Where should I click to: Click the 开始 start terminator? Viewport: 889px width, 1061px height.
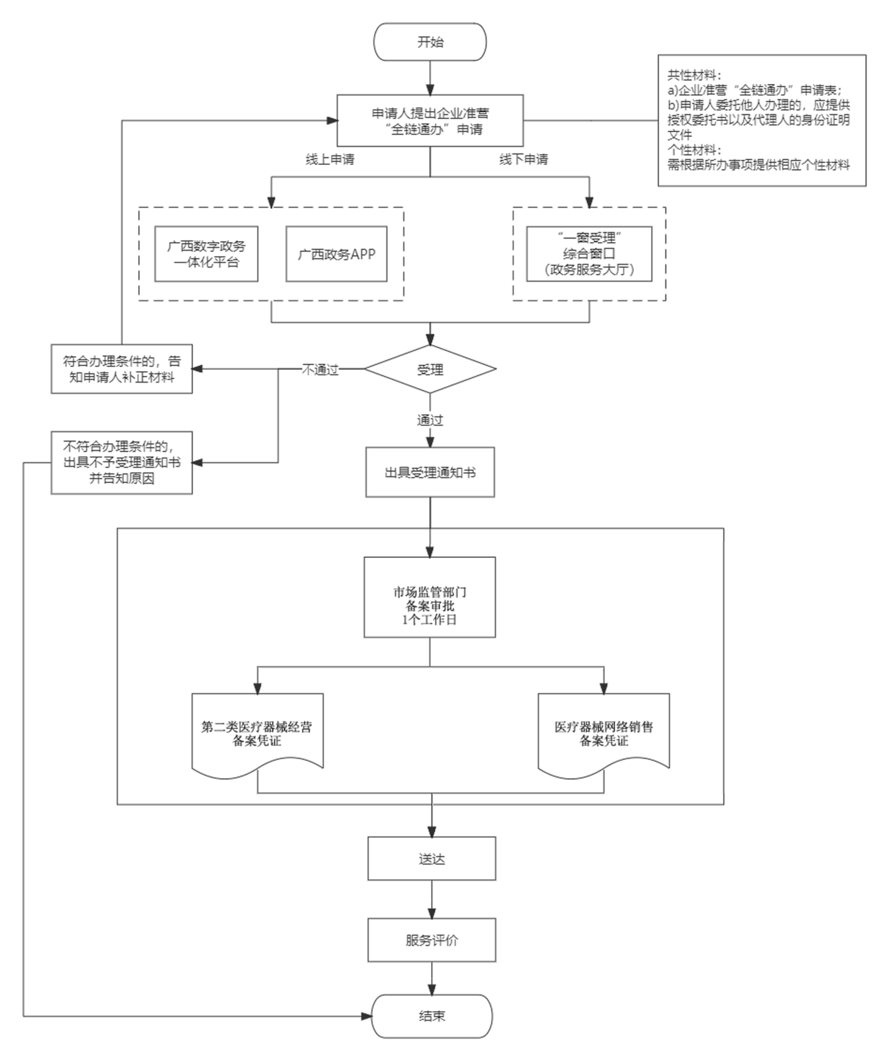coord(430,42)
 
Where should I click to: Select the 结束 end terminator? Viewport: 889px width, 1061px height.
coord(431,1016)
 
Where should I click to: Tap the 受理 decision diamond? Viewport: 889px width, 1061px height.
coord(430,369)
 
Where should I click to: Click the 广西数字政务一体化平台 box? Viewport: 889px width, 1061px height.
coord(206,254)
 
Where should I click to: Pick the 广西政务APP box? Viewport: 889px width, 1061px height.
coord(336,254)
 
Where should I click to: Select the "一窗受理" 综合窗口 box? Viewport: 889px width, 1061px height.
coord(589,254)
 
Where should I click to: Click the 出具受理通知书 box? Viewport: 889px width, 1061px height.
coord(430,473)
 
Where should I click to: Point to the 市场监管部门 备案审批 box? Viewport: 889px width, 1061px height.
coord(430,598)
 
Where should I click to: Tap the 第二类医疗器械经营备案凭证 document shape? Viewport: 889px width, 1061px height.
coord(257,733)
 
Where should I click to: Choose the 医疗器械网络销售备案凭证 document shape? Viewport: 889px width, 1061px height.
coord(604,733)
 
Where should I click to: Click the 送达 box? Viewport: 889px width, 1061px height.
coord(431,859)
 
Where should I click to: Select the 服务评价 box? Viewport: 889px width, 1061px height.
coord(431,940)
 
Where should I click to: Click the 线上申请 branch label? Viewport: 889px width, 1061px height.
coord(330,160)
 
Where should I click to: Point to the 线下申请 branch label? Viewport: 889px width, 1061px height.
coord(524,160)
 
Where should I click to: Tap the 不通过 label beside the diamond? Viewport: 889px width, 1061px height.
coord(320,370)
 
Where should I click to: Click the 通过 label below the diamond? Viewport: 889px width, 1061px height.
coord(430,421)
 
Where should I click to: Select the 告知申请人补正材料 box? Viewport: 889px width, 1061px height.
coord(121,369)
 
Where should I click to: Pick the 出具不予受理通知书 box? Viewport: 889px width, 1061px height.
coord(121,463)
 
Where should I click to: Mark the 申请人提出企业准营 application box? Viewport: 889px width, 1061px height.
coord(430,121)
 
